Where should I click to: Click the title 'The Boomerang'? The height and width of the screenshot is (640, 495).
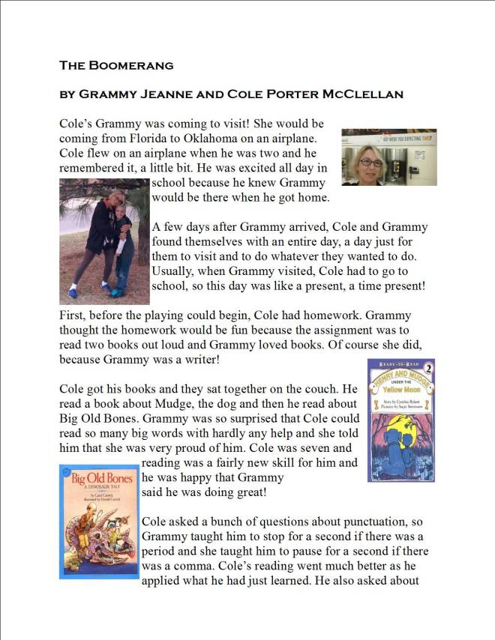(x=116, y=65)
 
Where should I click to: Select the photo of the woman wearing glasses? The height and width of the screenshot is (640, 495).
(x=388, y=157)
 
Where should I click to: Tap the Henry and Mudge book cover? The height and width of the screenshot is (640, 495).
(x=400, y=420)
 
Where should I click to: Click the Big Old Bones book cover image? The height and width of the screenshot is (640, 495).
(x=99, y=522)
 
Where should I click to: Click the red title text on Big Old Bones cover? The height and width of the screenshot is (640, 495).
(x=100, y=479)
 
